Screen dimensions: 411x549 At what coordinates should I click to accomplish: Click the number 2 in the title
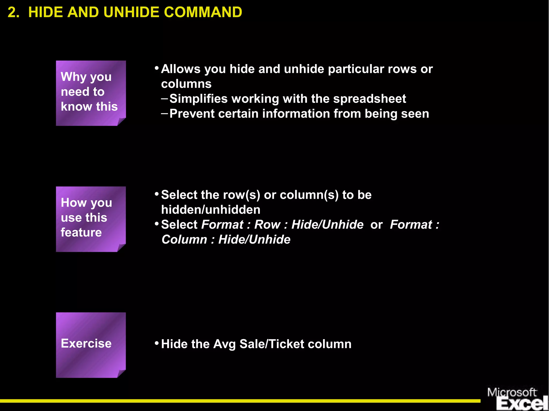(x=13, y=12)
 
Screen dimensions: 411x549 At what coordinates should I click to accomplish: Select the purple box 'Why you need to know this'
(x=91, y=93)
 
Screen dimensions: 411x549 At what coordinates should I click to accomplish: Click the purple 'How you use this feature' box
(x=91, y=219)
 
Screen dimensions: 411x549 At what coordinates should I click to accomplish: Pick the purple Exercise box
(x=91, y=345)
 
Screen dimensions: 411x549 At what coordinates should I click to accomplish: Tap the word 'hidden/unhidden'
(x=211, y=210)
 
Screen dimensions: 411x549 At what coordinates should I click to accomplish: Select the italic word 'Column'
(x=184, y=240)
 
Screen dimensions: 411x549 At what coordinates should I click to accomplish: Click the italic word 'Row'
(x=267, y=225)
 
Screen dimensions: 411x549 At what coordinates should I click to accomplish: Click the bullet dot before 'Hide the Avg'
(x=157, y=343)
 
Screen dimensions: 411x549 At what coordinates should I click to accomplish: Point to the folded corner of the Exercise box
(x=121, y=373)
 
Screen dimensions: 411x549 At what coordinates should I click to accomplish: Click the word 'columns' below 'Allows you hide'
(x=186, y=84)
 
